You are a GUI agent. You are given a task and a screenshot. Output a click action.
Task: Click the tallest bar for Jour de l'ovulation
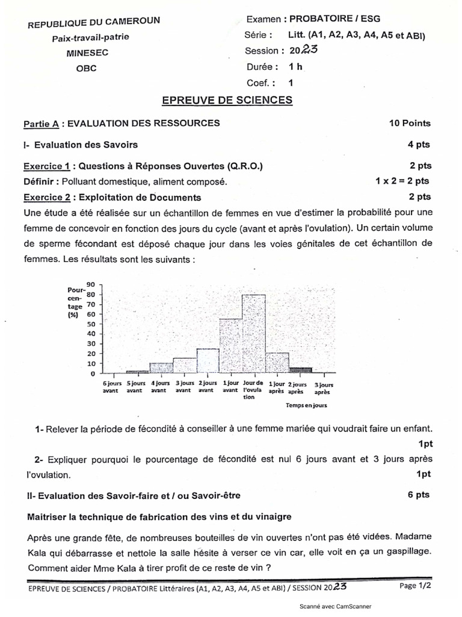tap(253, 334)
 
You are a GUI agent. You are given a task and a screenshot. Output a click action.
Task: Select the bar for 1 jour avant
tap(230, 346)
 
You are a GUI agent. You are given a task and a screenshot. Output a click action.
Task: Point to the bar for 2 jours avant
tap(208, 361)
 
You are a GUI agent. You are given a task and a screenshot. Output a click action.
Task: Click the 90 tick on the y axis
tap(91, 283)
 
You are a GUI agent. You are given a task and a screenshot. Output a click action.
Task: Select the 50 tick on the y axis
tap(91, 324)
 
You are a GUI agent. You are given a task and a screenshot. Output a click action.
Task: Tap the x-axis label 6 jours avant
tap(111, 386)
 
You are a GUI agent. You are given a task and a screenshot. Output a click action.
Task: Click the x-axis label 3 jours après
tap(324, 386)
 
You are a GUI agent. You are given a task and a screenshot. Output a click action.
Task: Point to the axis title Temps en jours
tap(307, 406)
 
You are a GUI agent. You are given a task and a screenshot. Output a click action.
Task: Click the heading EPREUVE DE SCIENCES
tap(227, 99)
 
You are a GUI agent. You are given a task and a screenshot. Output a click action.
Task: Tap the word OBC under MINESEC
tap(86, 68)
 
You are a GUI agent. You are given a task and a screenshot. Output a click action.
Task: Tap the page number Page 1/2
tap(416, 585)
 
